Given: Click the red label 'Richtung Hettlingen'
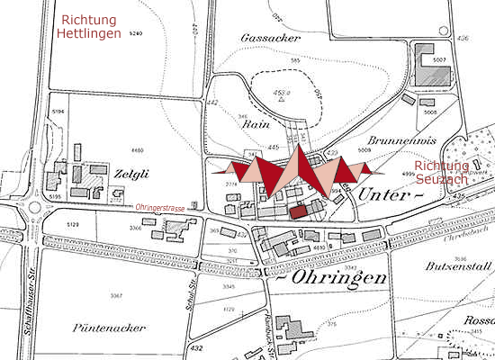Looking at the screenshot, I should coord(91,25).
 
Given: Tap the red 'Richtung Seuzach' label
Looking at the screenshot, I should coord(442,173).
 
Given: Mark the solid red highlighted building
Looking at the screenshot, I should coord(298,213).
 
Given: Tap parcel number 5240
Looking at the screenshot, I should coord(137,33).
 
